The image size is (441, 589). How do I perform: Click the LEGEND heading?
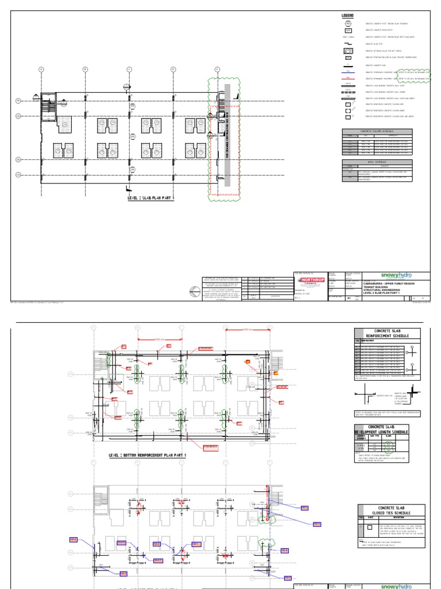[x=349, y=15]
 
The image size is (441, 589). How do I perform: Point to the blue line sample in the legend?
[x=349, y=72]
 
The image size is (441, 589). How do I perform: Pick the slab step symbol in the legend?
[x=349, y=44]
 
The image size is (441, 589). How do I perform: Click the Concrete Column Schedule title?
[x=377, y=131]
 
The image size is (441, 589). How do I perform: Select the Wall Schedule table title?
[x=377, y=162]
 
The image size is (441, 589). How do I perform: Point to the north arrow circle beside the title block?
[x=192, y=292]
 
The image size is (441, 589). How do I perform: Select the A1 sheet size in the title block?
[x=347, y=297]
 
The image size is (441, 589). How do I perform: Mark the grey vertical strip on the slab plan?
[x=227, y=135]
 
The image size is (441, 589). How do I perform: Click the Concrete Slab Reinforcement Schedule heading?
[x=388, y=334]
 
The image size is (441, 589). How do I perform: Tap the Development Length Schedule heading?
[x=388, y=430]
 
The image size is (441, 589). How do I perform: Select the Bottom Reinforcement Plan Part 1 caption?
[x=148, y=455]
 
